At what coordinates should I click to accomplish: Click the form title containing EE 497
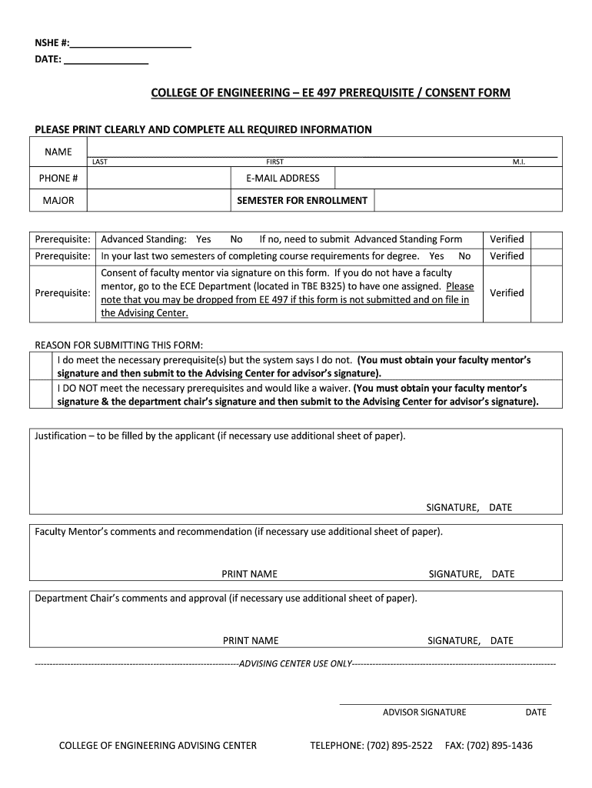tap(330, 93)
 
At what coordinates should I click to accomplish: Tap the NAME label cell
tap(58, 152)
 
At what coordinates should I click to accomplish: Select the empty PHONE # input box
tap(158, 179)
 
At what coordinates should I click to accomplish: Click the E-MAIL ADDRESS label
tap(283, 179)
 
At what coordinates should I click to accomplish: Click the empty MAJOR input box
tap(158, 201)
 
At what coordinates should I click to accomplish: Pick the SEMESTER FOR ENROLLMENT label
tap(302, 201)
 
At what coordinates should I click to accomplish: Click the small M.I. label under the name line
tap(518, 162)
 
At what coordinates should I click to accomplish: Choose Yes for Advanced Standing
tap(204, 239)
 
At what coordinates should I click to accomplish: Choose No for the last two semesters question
tap(464, 256)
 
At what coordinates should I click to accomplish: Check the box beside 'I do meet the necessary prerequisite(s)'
tap(43, 366)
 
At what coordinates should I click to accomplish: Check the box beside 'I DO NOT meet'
tap(43, 395)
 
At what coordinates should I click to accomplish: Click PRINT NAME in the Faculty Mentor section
tap(249, 574)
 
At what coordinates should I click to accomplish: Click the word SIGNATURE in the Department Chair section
tap(454, 640)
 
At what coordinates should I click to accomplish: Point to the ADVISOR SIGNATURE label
tap(424, 712)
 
